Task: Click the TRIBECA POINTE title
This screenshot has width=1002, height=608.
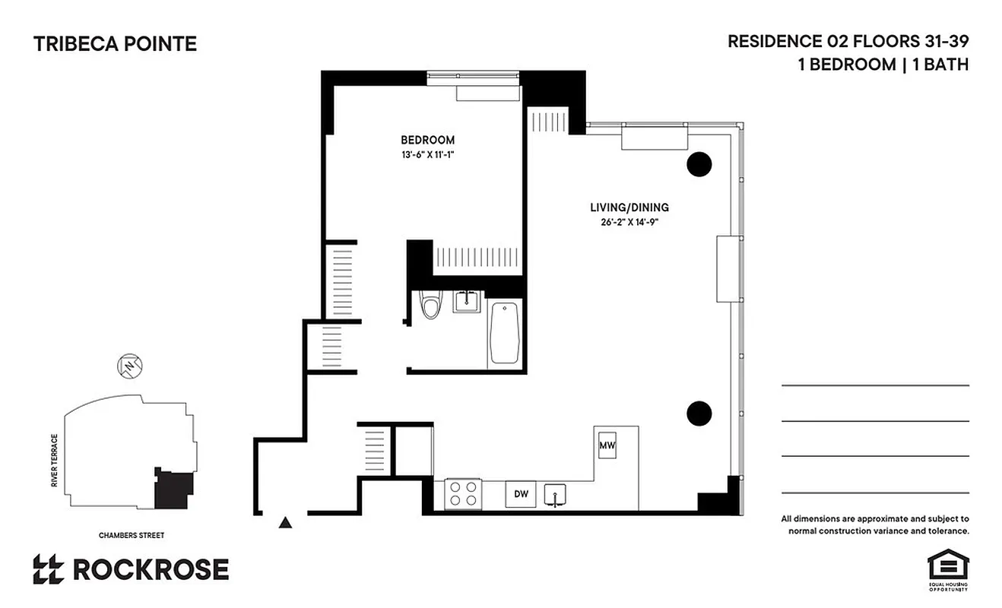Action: [x=115, y=44]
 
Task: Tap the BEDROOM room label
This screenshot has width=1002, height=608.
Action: [x=427, y=140]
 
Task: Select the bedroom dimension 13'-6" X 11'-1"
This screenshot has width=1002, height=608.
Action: [x=427, y=154]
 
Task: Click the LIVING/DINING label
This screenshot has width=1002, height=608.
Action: [x=629, y=207]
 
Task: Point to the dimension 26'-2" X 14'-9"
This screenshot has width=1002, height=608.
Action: [x=629, y=222]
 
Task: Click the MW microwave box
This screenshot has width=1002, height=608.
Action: [x=607, y=445]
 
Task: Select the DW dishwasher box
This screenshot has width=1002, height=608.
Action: [x=521, y=495]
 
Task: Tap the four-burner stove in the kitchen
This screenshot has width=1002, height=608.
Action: [x=463, y=493]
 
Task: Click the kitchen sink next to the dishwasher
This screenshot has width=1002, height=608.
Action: [x=556, y=494]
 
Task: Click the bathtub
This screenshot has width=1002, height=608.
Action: [x=505, y=333]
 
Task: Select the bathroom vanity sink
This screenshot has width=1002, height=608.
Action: [x=465, y=302]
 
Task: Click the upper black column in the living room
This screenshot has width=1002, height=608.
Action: [x=699, y=163]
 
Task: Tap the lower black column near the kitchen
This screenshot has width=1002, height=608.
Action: [x=699, y=413]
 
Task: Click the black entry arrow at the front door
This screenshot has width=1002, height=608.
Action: [x=285, y=522]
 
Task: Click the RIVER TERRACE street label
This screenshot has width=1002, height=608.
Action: [x=55, y=461]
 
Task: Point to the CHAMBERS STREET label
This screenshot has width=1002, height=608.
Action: [x=131, y=535]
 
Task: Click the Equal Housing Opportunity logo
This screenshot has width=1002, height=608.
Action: [x=947, y=569]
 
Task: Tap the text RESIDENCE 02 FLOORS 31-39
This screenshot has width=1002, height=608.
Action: [x=848, y=41]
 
